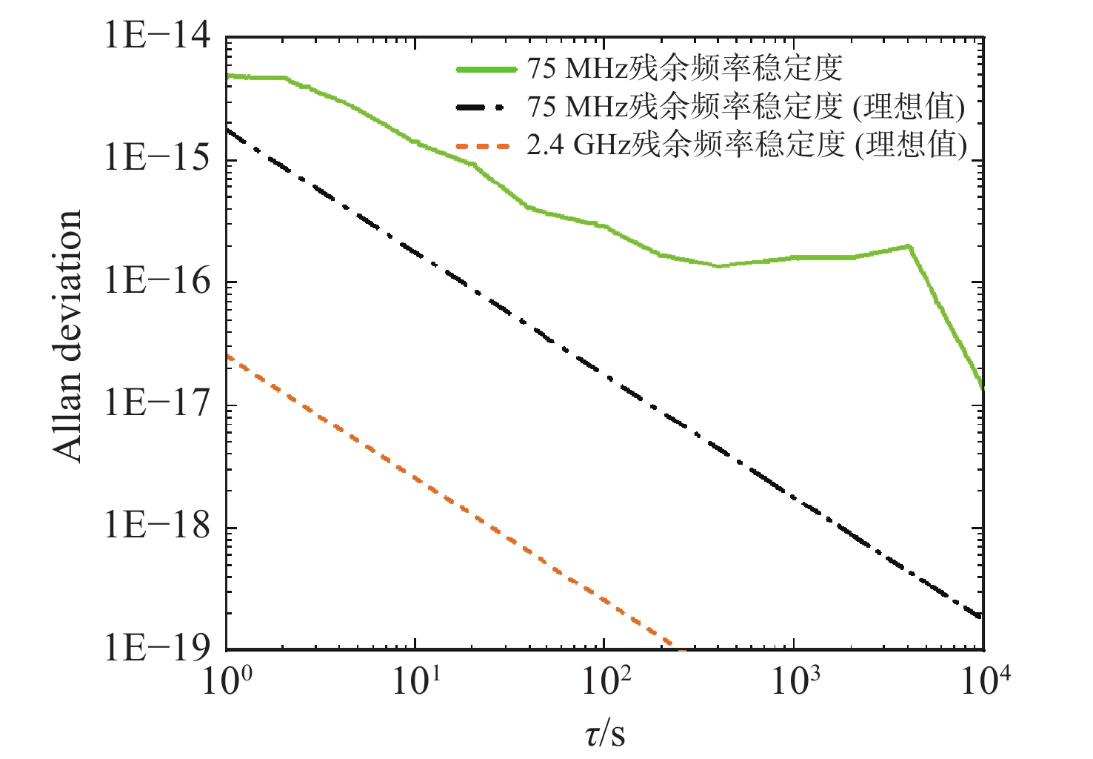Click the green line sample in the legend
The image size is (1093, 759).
click(485, 70)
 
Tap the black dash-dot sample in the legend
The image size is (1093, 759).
click(485, 108)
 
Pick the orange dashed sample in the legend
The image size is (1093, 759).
click(485, 146)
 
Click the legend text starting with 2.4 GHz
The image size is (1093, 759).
click(746, 145)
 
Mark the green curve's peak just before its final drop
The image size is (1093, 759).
click(909, 246)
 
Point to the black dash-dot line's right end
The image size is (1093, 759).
click(981, 616)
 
